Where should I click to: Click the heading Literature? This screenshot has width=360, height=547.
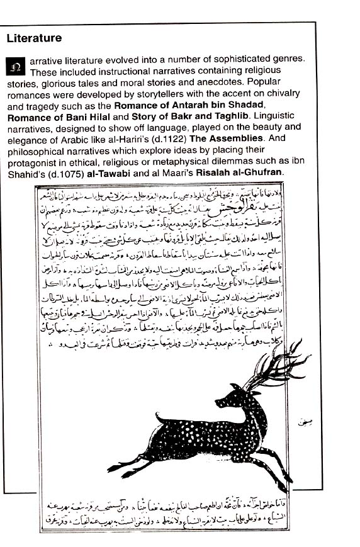click(x=34, y=38)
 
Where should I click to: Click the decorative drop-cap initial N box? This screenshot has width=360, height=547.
click(x=16, y=64)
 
